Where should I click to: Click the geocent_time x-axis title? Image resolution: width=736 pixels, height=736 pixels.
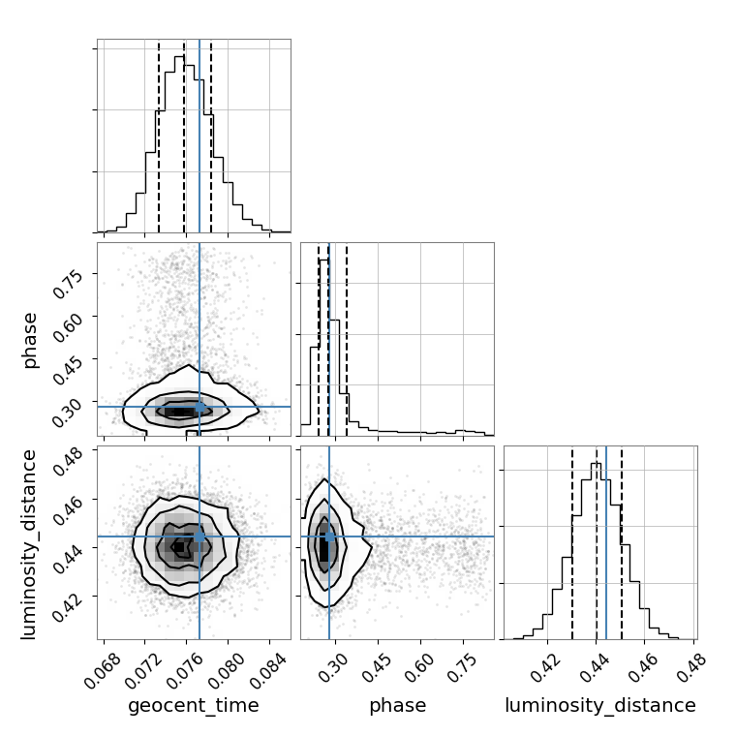pyautogui.click(x=194, y=706)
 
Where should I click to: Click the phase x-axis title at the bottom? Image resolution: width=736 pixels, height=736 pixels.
pyautogui.click(x=397, y=706)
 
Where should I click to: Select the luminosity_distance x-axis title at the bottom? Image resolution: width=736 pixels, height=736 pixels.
pyautogui.click(x=600, y=706)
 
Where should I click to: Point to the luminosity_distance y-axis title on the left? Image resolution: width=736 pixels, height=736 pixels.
pyautogui.click(x=30, y=542)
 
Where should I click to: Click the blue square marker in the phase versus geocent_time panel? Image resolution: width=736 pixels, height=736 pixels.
pyautogui.click(x=199, y=407)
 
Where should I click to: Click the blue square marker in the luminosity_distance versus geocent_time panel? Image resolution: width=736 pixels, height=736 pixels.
pyautogui.click(x=199, y=536)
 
